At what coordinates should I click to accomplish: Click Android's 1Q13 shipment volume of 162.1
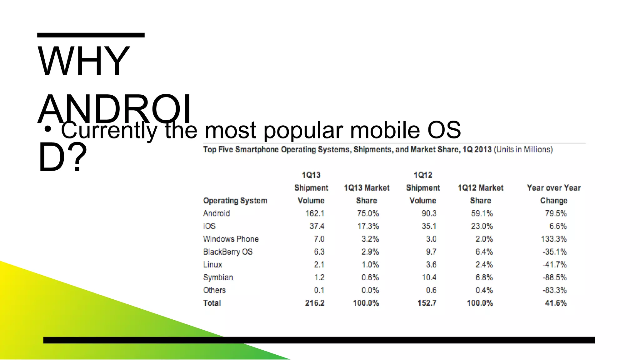click(x=315, y=213)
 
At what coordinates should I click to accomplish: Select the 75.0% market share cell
click(x=368, y=213)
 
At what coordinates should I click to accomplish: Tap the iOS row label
click(x=209, y=226)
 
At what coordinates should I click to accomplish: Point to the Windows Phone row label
click(x=231, y=239)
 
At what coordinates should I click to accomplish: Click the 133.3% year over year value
click(x=553, y=239)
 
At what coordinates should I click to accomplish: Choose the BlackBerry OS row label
click(x=227, y=252)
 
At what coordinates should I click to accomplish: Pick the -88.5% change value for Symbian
click(x=554, y=277)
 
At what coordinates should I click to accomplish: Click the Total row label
click(x=212, y=303)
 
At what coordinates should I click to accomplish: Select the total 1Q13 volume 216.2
click(x=315, y=303)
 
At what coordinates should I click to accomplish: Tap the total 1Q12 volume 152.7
click(x=427, y=303)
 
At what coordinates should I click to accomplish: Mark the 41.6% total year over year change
click(x=556, y=303)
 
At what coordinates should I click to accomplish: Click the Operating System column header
click(x=235, y=201)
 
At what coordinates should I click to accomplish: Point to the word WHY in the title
click(x=83, y=61)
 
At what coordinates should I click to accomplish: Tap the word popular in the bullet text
click(x=303, y=130)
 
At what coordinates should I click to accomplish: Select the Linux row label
click(x=212, y=265)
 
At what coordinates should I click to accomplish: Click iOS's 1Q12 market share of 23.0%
click(x=482, y=226)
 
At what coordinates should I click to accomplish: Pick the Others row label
click(x=214, y=290)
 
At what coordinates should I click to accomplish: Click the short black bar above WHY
click(x=91, y=35)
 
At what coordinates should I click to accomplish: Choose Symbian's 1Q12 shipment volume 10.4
click(x=429, y=277)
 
